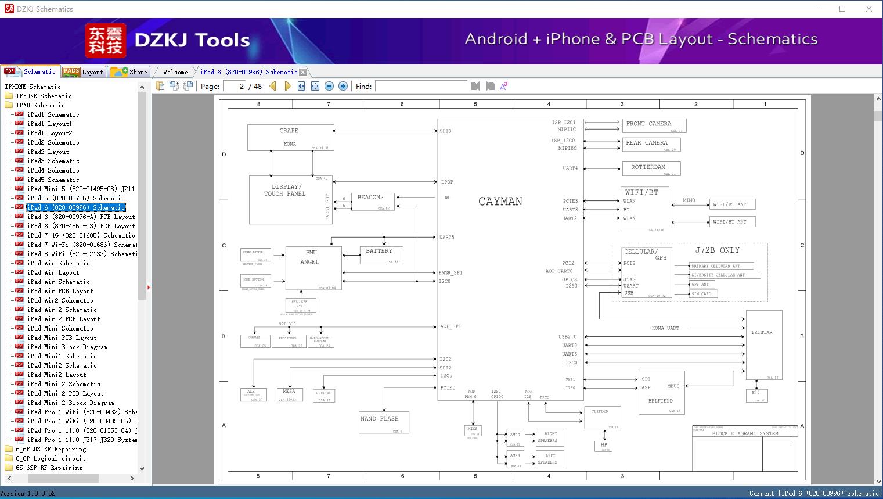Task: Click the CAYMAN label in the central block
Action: tap(500, 202)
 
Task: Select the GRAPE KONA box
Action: tap(290, 137)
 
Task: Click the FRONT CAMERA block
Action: tap(654, 125)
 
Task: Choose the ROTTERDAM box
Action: tap(651, 168)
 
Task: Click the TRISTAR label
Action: tap(762, 333)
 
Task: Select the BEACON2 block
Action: tap(372, 201)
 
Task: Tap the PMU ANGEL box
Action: tap(312, 267)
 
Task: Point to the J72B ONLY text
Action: tap(717, 250)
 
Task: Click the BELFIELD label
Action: tap(661, 401)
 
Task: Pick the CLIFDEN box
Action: tap(601, 417)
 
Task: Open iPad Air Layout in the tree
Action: tap(53, 272)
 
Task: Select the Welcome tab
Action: tap(175, 72)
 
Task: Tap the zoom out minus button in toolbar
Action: tap(329, 86)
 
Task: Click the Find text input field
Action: tap(421, 86)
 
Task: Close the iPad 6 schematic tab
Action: tap(302, 72)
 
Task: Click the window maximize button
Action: tap(842, 9)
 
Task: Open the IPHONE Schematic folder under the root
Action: tap(44, 96)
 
